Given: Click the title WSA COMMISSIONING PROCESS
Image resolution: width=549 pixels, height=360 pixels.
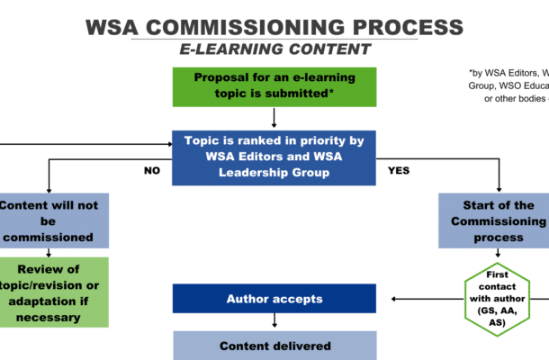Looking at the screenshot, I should click(x=274, y=26).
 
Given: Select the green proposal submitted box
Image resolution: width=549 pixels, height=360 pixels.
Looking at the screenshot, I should click(x=274, y=86).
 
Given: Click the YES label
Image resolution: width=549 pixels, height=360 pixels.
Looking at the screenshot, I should click(x=399, y=169).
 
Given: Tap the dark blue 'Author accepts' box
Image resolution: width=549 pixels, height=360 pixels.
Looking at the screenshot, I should click(x=274, y=298).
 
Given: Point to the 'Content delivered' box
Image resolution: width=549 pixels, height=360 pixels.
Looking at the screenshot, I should click(x=274, y=345).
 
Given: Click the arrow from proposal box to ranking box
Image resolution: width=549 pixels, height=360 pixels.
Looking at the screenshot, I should click(x=274, y=118).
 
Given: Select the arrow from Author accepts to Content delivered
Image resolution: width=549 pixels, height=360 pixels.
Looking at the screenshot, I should click(x=274, y=321).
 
